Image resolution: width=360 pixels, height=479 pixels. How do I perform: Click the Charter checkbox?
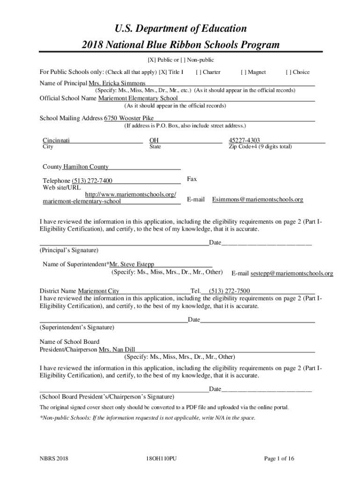pyautogui.click(x=199, y=72)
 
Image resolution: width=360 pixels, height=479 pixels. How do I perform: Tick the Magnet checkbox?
pyautogui.click(x=243, y=72)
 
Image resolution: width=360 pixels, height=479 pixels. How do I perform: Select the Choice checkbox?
pyautogui.click(x=288, y=72)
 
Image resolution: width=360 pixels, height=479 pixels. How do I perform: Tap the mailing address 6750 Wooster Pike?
pyautogui.click(x=129, y=118)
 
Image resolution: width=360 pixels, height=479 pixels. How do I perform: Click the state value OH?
pyautogui.click(x=154, y=140)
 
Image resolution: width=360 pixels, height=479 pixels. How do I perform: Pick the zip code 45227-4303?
pyautogui.click(x=244, y=140)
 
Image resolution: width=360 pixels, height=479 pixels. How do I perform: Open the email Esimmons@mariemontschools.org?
pyautogui.click(x=258, y=199)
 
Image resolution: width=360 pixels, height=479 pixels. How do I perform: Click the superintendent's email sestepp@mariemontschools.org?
pyautogui.click(x=292, y=273)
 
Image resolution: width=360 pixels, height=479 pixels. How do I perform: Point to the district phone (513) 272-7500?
pyautogui.click(x=229, y=290)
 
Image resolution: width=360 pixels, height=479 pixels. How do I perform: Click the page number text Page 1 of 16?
pyautogui.click(x=279, y=458)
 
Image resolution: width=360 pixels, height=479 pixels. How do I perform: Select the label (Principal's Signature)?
pyautogui.click(x=69, y=250)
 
